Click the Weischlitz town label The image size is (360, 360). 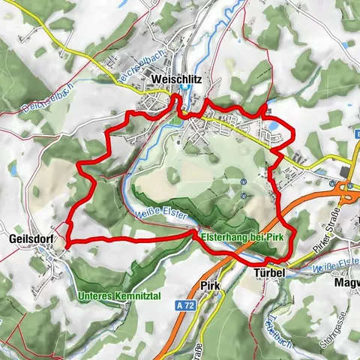[x=177, y=78]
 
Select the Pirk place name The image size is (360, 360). [x=210, y=286]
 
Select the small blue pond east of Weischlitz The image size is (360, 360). [x=276, y=126]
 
